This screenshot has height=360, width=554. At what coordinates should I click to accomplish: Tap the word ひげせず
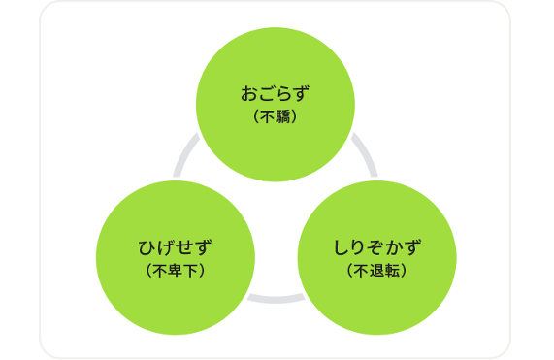176,246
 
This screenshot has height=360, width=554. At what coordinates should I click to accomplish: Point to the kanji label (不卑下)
176,269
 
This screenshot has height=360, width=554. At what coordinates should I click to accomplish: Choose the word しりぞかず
376,246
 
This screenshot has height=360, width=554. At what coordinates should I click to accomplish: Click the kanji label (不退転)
376,269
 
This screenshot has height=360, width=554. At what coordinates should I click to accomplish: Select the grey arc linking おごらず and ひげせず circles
185,156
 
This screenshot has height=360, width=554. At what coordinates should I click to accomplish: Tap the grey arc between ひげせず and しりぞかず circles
276,297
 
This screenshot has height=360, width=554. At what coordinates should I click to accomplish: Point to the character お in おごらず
249,95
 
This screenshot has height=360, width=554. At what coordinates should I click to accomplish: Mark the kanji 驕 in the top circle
281,117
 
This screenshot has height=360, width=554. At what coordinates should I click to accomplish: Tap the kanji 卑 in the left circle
176,269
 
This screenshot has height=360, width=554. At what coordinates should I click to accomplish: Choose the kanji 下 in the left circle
191,269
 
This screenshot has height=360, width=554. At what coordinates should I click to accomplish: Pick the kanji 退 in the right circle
376,269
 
